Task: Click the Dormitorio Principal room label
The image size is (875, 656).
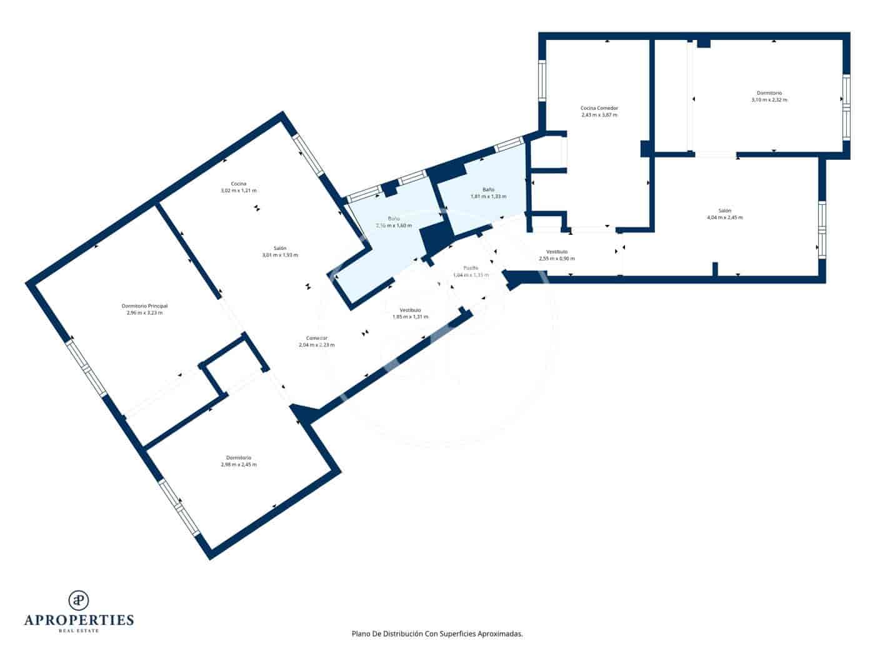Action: pos(144,306)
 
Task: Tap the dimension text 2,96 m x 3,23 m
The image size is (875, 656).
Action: pos(144,313)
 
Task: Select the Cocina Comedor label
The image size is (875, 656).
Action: pos(599,108)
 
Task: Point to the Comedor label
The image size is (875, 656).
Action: pos(317,338)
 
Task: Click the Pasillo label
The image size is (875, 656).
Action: pos(471,267)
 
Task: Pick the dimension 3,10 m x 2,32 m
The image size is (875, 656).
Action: pos(769,99)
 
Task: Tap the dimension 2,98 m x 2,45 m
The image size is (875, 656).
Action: pos(239,465)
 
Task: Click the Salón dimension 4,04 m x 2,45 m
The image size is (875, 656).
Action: pos(724,217)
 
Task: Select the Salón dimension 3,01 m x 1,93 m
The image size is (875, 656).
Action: pos(280,255)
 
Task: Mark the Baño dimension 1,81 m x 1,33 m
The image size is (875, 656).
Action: pos(488,196)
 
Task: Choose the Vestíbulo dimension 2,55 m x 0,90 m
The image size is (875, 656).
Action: pos(556,259)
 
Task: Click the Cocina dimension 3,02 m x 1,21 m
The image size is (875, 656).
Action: pos(239,191)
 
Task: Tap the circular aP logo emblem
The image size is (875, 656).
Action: pos(79,600)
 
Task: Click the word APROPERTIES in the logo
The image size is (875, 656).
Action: pos(79,620)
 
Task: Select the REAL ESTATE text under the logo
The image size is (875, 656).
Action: pos(79,631)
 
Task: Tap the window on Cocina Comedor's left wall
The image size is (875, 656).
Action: pos(542,81)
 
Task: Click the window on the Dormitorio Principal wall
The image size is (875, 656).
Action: pos(87,369)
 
